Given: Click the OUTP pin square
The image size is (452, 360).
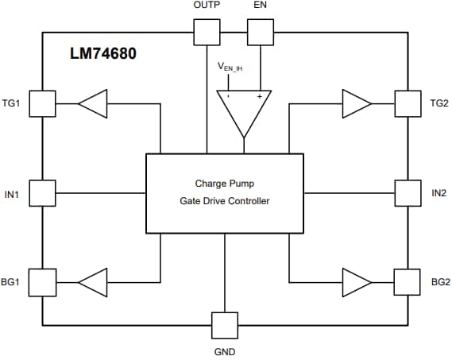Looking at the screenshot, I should pos(207,33).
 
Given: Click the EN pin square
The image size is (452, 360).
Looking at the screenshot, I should pos(260,33).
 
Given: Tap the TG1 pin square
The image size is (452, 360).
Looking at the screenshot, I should pos(42,103).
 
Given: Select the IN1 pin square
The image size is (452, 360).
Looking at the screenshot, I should pos(42,192).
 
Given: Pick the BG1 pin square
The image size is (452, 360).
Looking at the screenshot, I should pos(42,281).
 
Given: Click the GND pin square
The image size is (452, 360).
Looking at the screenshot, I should pos(225,324).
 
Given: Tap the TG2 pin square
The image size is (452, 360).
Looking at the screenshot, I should pos(407,103).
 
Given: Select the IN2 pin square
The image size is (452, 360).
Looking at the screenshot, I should pos(407,192).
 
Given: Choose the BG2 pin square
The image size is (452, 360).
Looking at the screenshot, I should pos(407,281).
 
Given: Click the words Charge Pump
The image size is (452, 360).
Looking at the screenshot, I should pos(225,184).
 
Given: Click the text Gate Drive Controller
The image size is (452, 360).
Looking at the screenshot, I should pos(225,201).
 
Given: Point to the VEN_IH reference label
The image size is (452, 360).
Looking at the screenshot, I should pos(230,68).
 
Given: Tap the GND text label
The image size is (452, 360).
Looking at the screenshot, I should pos(225,350).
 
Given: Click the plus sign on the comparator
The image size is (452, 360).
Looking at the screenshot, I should pos(259,96).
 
